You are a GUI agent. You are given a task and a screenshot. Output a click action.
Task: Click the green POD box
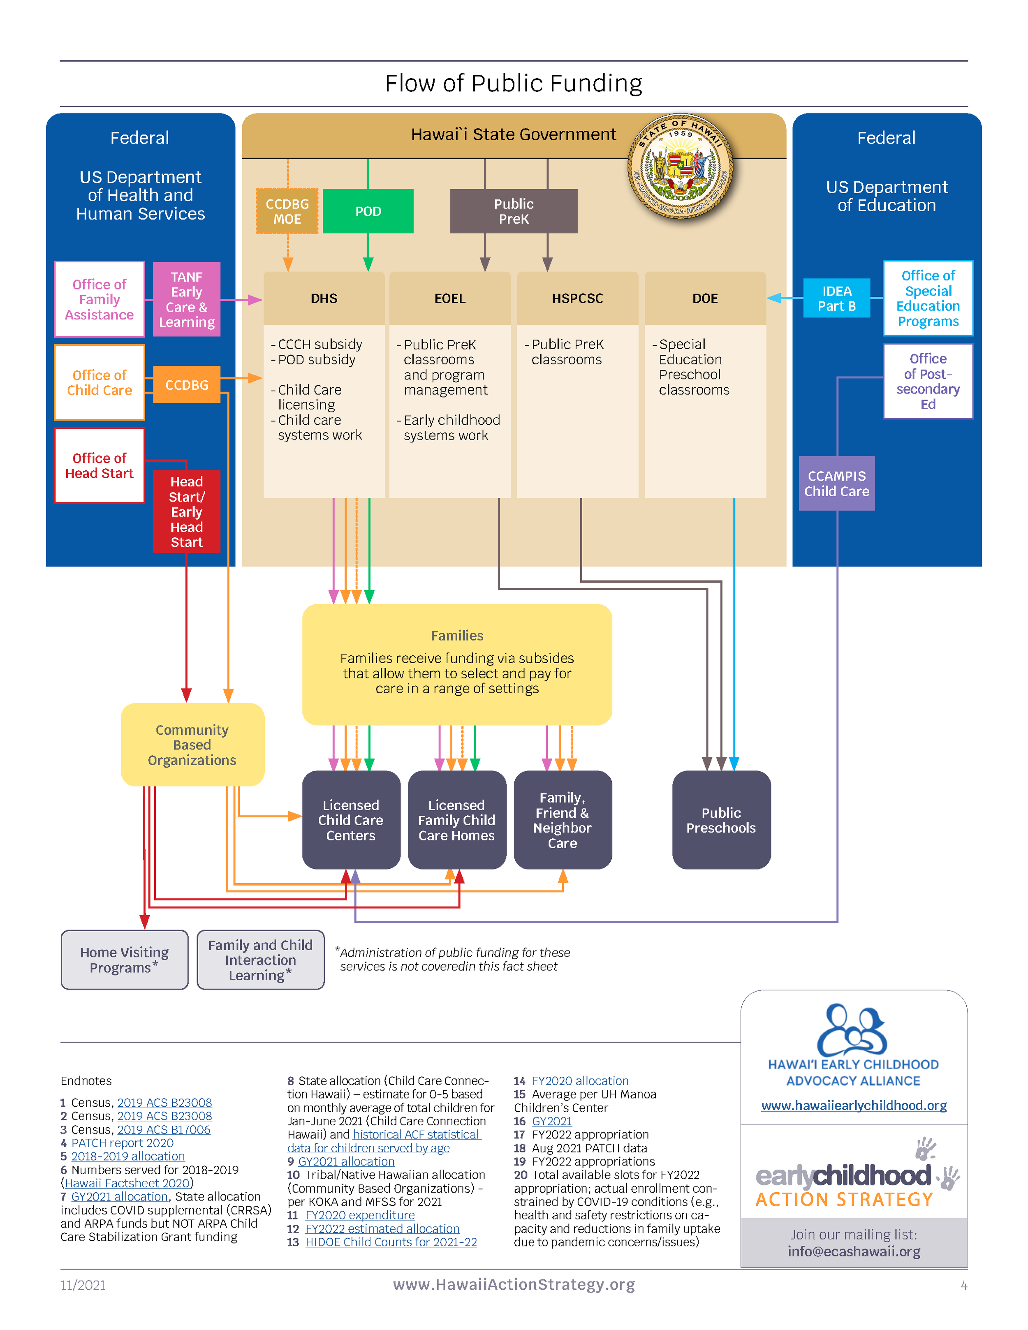(368, 211)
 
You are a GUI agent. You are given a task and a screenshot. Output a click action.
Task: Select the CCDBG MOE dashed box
(287, 211)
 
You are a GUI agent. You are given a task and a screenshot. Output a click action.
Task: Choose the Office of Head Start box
(99, 465)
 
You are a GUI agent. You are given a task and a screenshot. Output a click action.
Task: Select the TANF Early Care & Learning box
(186, 299)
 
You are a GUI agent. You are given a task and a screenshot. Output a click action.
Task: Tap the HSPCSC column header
(577, 298)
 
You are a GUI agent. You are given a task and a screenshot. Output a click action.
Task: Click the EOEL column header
(449, 298)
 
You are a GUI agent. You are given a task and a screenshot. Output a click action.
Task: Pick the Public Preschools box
(721, 820)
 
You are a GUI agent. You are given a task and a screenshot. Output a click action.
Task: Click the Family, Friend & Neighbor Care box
(562, 820)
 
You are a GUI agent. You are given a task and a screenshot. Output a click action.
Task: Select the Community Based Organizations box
(192, 745)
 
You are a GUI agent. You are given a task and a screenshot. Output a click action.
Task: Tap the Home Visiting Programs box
(124, 959)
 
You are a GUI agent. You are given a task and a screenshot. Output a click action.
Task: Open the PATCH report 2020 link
(123, 1143)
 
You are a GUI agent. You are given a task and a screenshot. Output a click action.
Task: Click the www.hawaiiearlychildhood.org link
(853, 1105)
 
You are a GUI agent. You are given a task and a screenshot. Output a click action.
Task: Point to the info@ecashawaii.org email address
(853, 1251)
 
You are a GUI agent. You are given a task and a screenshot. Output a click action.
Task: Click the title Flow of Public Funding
(514, 83)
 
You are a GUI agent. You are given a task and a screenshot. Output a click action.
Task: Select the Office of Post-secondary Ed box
(928, 381)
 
